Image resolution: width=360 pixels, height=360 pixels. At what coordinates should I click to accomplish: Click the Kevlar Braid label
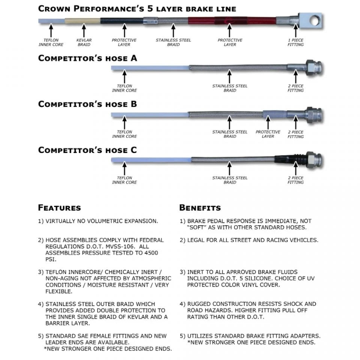tap(84, 42)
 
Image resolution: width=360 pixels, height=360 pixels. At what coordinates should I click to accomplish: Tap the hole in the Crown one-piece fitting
tap(314, 20)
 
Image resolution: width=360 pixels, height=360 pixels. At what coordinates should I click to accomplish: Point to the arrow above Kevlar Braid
tap(84, 30)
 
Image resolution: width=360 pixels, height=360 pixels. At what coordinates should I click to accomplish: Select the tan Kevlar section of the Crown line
tap(82, 21)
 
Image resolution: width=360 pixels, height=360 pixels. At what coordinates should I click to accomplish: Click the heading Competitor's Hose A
tap(88, 58)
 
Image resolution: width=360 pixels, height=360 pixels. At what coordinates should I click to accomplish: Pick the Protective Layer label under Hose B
tap(268, 134)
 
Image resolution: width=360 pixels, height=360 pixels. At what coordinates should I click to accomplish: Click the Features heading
tap(60, 207)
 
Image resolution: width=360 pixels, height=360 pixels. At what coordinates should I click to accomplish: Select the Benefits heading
tap(200, 207)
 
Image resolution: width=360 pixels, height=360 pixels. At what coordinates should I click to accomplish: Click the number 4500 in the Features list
tap(151, 253)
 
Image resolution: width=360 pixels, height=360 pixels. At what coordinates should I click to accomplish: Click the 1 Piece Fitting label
tap(296, 42)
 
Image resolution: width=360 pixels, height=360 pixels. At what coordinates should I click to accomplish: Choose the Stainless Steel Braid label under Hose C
tap(230, 180)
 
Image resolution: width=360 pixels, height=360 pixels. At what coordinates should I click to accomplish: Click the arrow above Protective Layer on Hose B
tap(268, 122)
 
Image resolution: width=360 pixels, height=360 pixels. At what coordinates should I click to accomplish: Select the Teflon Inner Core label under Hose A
tap(124, 88)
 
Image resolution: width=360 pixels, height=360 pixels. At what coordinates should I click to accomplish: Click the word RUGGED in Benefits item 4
tap(199, 304)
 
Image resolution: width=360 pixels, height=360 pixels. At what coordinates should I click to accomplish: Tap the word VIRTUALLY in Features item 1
tap(60, 221)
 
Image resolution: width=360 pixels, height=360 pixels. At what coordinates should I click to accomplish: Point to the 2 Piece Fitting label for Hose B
tap(296, 134)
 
